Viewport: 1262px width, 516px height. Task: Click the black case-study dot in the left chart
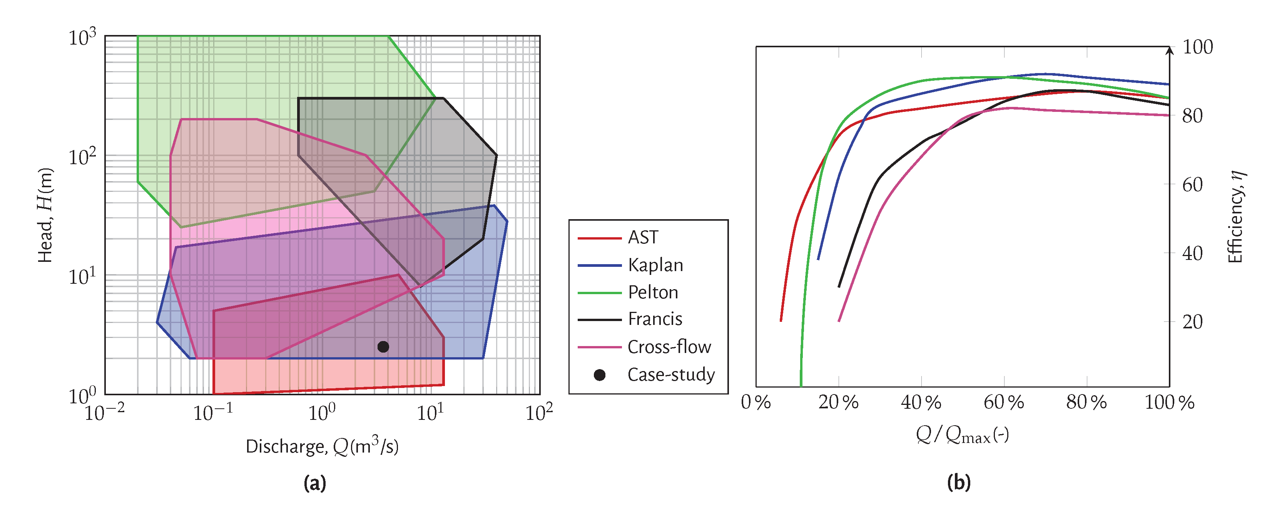point(383,346)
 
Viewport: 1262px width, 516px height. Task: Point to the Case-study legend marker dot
point(599,375)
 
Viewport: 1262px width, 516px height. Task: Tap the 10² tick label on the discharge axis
point(539,412)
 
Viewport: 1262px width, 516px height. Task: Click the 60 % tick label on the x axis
point(1004,403)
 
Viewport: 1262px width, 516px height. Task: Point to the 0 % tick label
point(756,403)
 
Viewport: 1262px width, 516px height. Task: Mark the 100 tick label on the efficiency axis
point(1197,48)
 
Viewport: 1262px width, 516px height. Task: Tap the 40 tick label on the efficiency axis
point(1192,254)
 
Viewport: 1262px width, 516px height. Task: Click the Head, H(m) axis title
point(45,215)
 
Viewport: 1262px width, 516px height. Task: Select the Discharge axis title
point(322,446)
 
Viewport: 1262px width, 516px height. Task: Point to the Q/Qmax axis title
point(962,434)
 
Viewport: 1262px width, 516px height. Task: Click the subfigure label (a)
point(314,483)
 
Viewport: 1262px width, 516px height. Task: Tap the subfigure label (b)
point(959,482)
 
